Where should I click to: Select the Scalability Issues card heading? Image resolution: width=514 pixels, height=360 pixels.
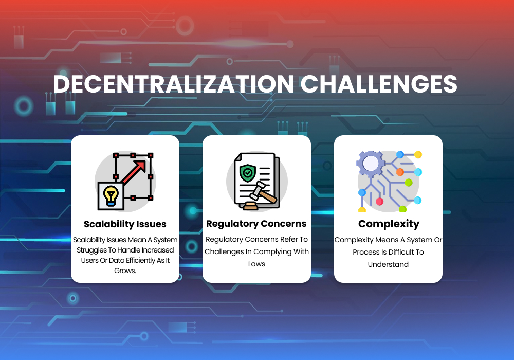(125, 224)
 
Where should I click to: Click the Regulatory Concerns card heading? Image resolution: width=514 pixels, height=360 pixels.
(256, 224)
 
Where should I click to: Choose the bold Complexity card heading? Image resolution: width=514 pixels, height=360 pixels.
(389, 224)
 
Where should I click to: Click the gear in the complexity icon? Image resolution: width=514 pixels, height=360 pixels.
(371, 164)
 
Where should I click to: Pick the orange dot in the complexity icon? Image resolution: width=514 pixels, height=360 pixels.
(400, 172)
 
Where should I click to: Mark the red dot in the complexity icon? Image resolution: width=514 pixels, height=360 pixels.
(379, 202)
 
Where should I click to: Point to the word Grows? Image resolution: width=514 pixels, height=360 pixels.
(125, 271)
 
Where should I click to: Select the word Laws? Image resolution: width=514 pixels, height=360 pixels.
(256, 264)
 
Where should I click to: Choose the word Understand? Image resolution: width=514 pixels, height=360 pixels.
(388, 264)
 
